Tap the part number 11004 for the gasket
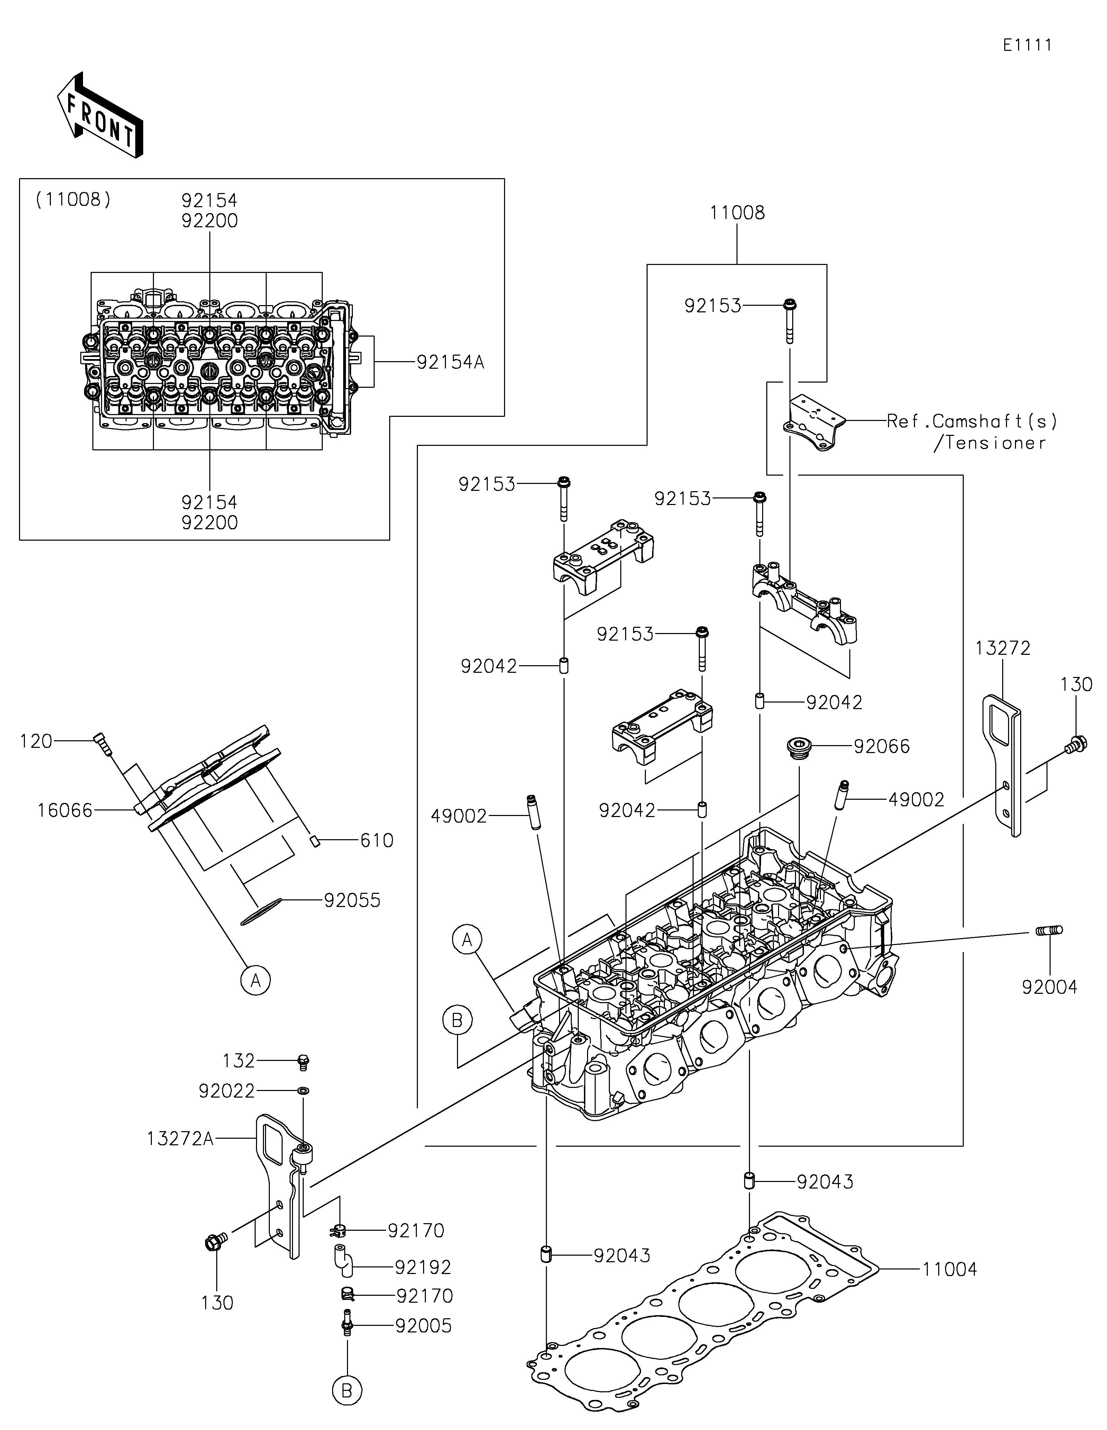[950, 1269]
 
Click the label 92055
[352, 900]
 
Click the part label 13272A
[180, 1139]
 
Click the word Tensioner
[990, 443]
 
